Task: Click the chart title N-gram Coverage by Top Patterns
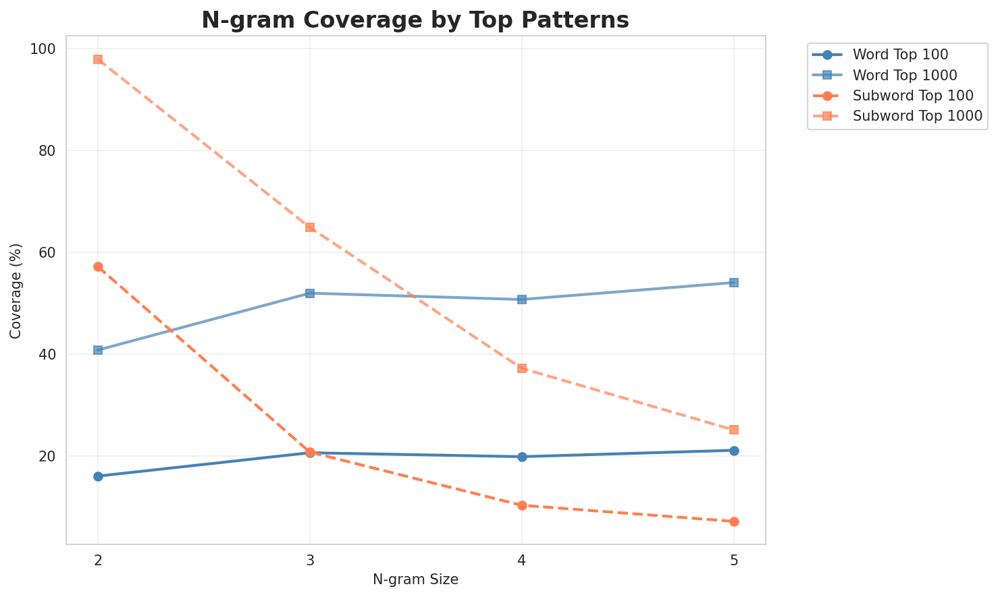click(415, 20)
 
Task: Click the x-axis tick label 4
click(522, 561)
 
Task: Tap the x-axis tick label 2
click(98, 561)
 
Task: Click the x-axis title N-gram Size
click(415, 579)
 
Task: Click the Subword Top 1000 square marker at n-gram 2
click(98, 59)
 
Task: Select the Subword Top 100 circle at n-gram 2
click(98, 267)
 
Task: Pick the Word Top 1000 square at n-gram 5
click(734, 283)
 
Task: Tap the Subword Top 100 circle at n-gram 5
click(734, 521)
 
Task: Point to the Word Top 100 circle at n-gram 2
click(98, 476)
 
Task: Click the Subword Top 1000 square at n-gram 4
click(522, 368)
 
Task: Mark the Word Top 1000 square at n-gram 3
click(310, 293)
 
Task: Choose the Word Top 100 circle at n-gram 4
click(522, 457)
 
